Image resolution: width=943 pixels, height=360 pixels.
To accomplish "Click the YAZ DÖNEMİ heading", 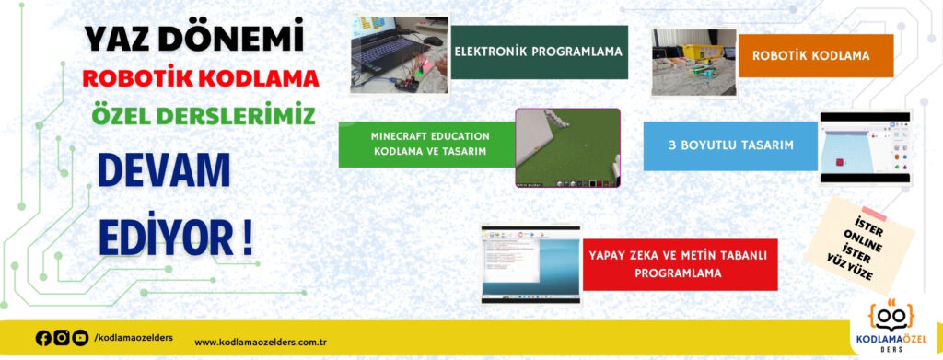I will point(194,38).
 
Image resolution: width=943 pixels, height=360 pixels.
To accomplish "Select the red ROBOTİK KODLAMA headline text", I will point(200,77).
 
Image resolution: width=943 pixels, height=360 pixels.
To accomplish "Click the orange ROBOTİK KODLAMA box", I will point(810,55).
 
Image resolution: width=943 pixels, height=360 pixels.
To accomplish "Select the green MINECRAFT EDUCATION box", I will point(426,144).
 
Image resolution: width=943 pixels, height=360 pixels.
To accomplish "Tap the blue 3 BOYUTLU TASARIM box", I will point(730,145).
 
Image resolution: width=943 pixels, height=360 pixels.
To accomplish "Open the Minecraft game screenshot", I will point(567,148).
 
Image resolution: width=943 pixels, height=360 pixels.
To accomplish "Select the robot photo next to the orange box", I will point(693,62).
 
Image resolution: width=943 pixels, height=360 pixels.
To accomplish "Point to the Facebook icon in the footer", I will point(43,338).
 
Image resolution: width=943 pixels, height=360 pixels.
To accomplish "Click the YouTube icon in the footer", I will point(80,338).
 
